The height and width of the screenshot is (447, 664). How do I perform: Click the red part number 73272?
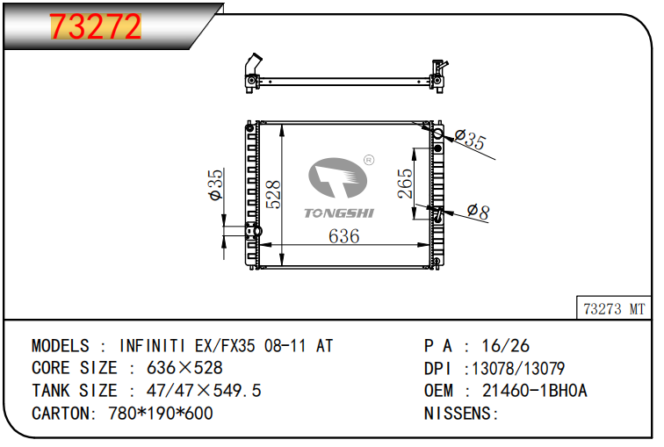tap(95, 26)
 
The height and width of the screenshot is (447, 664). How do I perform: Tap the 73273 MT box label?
tap(614, 308)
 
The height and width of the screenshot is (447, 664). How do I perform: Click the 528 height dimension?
tap(273, 194)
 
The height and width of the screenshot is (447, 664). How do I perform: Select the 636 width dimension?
tap(344, 236)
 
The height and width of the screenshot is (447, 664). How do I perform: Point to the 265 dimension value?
tap(405, 184)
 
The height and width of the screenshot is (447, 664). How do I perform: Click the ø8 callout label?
tap(478, 212)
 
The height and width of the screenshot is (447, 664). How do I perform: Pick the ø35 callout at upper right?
tap(470, 140)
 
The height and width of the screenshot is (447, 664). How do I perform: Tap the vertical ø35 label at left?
tap(215, 184)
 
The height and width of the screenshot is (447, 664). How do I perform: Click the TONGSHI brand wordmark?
tap(339, 213)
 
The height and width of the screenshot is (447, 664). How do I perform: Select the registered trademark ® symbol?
tap(369, 160)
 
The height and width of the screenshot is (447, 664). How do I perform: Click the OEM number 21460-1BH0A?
tap(535, 390)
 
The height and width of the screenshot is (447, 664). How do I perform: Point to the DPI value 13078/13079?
tap(518, 368)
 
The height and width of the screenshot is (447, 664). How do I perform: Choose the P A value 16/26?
tap(506, 346)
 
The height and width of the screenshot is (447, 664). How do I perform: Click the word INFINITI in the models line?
tap(153, 346)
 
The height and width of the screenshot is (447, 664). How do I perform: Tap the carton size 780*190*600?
tap(161, 413)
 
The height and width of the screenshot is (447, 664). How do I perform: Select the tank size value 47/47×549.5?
tap(204, 390)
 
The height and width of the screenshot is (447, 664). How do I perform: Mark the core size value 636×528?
tap(184, 368)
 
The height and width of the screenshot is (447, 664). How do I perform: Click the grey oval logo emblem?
tap(337, 177)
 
